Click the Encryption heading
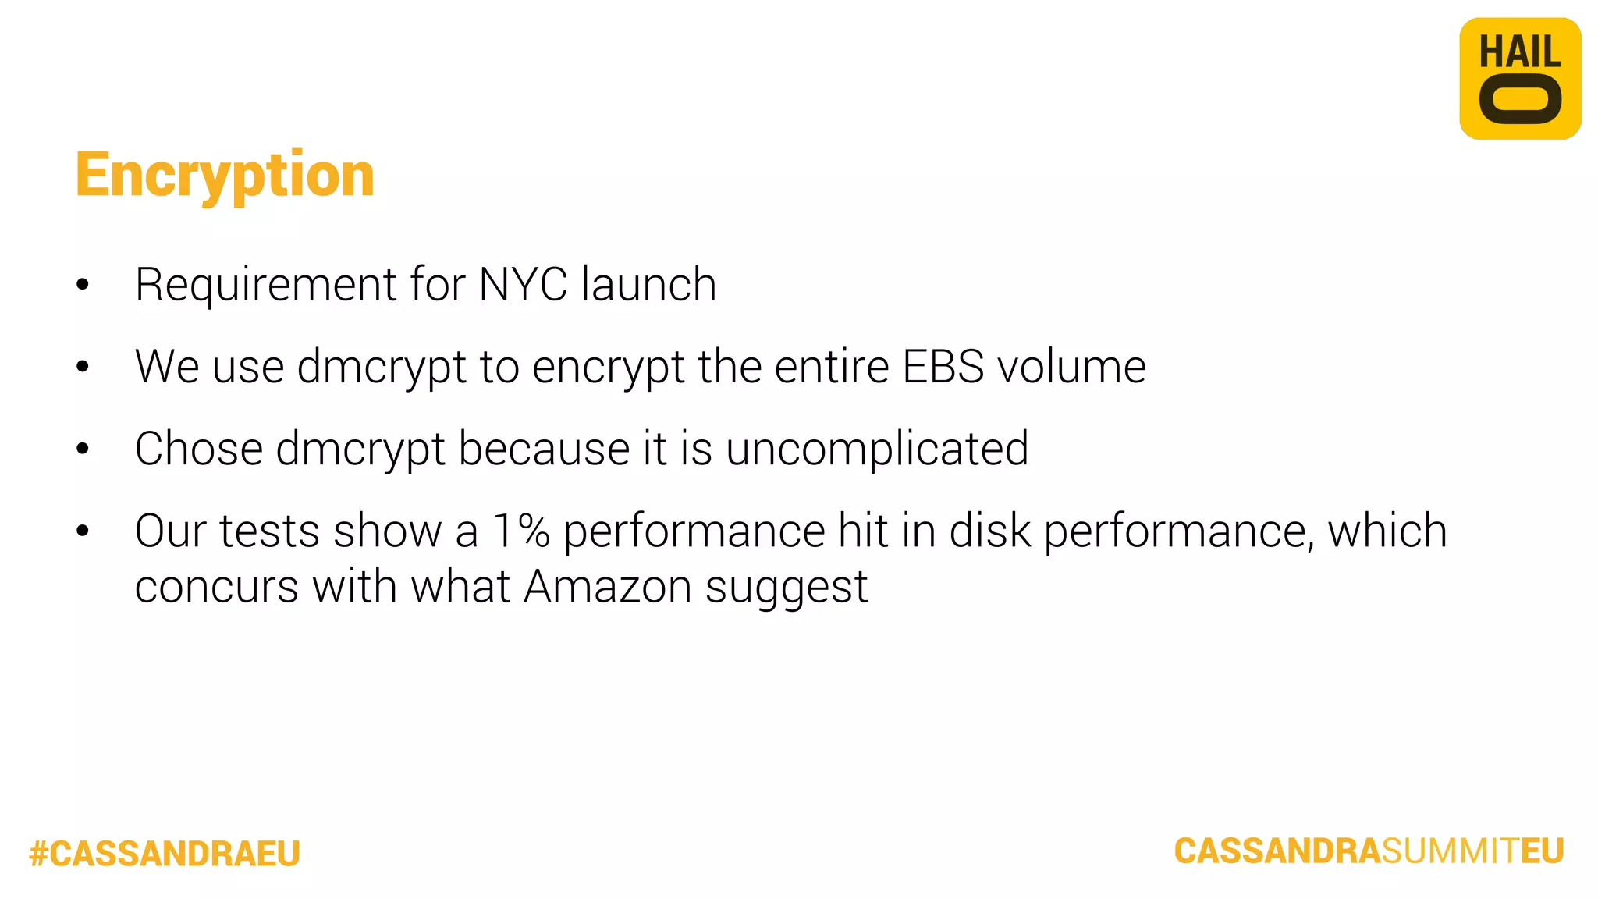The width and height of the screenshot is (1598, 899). pos(225,175)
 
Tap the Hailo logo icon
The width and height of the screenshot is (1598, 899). pos(1519,79)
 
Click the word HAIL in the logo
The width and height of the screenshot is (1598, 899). pos(1519,52)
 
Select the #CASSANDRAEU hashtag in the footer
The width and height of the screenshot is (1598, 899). pos(165,853)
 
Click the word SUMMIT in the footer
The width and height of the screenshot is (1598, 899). pos(1450,851)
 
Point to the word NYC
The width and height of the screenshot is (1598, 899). pos(523,284)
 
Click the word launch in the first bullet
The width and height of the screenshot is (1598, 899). pos(649,284)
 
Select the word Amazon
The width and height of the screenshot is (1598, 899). pos(607,586)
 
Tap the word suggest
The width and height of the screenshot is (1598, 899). pos(787,588)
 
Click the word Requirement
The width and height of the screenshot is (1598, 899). pos(266,286)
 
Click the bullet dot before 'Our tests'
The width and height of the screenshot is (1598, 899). pos(83,531)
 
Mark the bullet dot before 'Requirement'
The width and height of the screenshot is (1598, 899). pos(83,285)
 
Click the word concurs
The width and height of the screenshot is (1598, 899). pos(216,588)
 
